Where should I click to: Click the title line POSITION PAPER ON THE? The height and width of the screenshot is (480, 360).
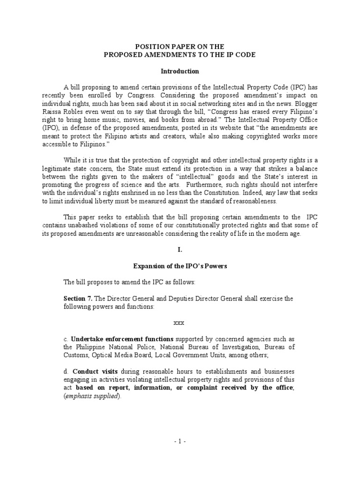(180, 46)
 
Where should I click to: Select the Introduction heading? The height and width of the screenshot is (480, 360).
(180, 71)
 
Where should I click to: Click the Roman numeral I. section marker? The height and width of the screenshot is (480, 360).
(180, 250)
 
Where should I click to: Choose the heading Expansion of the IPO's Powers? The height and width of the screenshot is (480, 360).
(180, 266)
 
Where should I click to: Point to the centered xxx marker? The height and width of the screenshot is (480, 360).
(180, 323)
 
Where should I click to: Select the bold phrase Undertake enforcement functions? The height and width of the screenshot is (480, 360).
(122, 339)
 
